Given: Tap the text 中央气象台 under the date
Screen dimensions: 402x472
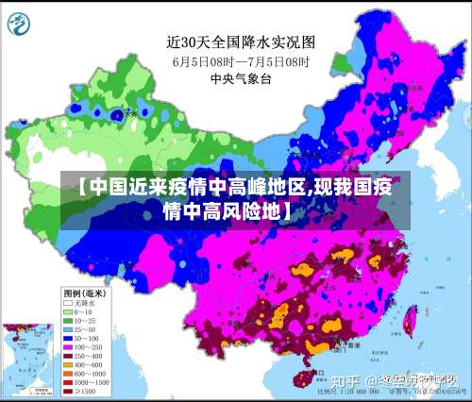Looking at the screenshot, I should (x=241, y=79).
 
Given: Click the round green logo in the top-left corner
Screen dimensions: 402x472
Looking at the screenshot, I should (x=22, y=21).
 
